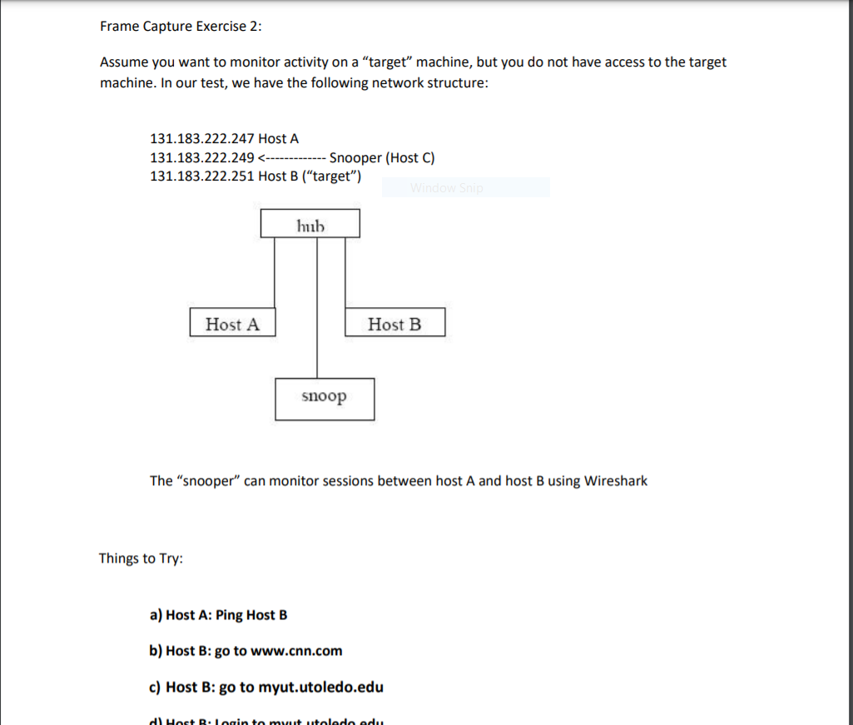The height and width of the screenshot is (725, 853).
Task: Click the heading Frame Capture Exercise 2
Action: [x=180, y=26]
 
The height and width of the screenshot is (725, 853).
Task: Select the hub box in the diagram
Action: [x=310, y=224]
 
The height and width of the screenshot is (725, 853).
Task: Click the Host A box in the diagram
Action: [x=232, y=323]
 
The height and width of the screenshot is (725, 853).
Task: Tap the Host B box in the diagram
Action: [x=394, y=323]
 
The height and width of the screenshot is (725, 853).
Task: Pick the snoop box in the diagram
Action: [x=325, y=398]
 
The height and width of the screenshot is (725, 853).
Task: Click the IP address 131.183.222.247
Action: [x=202, y=138]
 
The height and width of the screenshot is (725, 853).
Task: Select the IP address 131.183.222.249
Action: [x=202, y=157]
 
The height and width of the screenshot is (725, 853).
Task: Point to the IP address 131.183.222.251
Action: [x=202, y=176]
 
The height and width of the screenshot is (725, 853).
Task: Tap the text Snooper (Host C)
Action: [x=382, y=157]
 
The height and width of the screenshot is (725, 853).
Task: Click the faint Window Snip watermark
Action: [x=446, y=188]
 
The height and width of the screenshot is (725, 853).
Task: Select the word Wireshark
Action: [x=615, y=480]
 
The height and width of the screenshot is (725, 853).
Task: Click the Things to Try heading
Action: [x=141, y=558]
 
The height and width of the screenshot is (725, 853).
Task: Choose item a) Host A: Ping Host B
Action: [x=218, y=615]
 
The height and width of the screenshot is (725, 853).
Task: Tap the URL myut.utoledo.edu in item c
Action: [x=320, y=687]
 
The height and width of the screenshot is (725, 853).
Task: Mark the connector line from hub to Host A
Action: [x=275, y=275]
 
